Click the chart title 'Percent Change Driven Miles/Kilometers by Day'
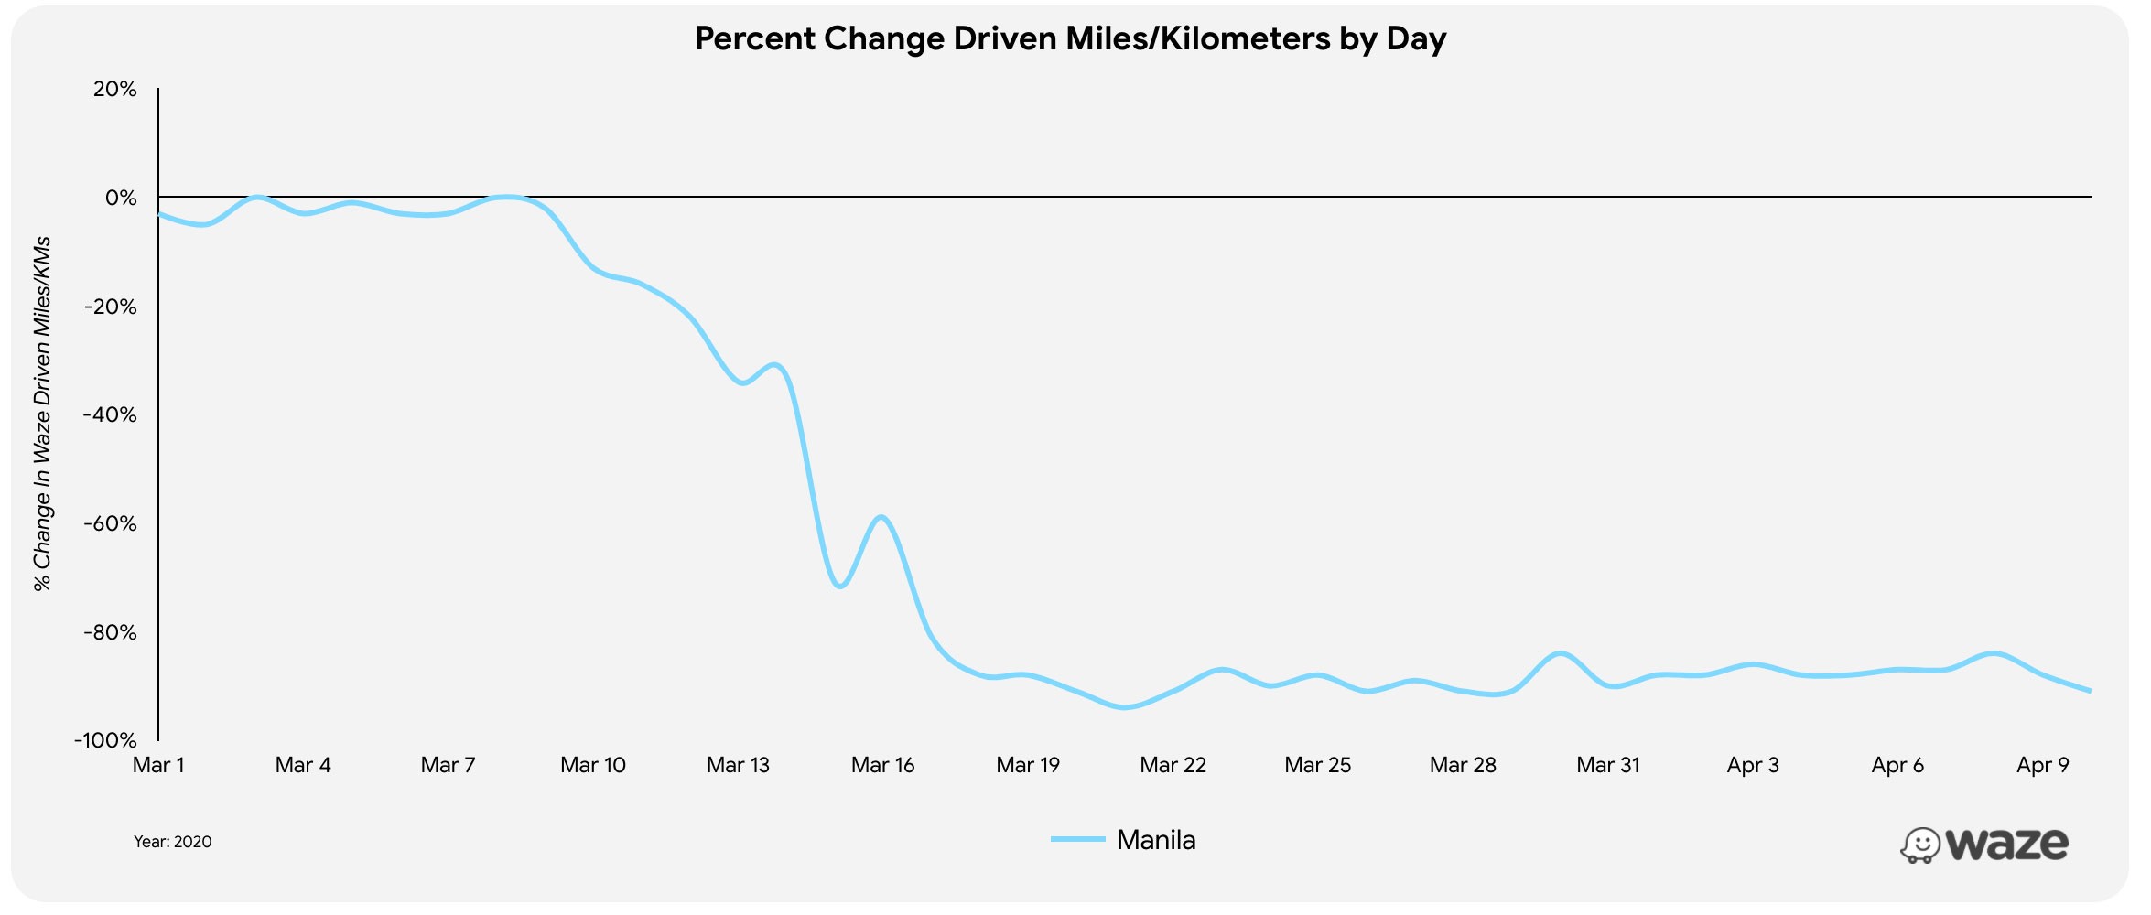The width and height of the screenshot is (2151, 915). click(x=1070, y=38)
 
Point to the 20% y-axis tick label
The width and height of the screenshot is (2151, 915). click(x=114, y=90)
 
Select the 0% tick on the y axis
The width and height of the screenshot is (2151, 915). click(x=120, y=198)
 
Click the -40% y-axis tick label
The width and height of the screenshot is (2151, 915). click(x=110, y=415)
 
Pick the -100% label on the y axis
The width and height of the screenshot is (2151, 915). click(x=105, y=740)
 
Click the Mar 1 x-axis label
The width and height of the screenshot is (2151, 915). click(x=158, y=765)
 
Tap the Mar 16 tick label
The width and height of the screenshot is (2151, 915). click(x=882, y=765)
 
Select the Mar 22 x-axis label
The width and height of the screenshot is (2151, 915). click(x=1173, y=765)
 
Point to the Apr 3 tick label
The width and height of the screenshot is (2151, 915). click(x=1752, y=765)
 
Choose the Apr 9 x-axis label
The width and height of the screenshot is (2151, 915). click(x=2042, y=765)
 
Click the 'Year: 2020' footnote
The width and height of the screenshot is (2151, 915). click(x=172, y=842)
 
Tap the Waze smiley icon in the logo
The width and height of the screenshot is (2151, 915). click(x=1919, y=845)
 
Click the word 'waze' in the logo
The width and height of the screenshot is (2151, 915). click(x=2006, y=844)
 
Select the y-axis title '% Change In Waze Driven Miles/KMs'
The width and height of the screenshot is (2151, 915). click(x=42, y=414)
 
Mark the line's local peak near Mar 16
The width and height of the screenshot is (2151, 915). click(x=881, y=517)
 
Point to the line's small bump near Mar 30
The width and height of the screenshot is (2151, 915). click(x=1561, y=653)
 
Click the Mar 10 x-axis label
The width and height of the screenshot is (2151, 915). click(x=593, y=765)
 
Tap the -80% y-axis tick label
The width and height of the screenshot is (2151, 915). click(x=110, y=632)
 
